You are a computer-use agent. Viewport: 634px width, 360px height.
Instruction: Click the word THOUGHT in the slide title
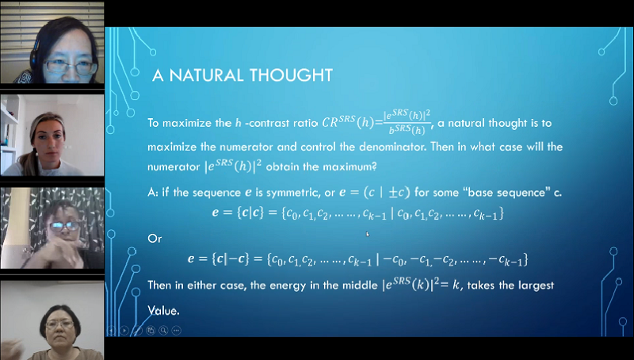[290, 75]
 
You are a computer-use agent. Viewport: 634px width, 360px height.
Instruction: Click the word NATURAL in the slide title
[205, 75]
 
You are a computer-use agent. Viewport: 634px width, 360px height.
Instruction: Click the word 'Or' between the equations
[155, 239]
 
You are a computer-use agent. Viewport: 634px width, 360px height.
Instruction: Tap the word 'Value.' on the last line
[163, 311]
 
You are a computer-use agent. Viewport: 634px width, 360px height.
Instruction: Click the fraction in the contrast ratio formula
[407, 122]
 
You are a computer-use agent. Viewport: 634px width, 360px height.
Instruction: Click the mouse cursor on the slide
[368, 234]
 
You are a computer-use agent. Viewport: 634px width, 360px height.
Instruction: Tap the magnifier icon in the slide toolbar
[163, 331]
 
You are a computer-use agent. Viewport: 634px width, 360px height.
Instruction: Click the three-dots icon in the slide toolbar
[176, 331]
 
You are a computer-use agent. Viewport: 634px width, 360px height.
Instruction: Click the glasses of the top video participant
[71, 66]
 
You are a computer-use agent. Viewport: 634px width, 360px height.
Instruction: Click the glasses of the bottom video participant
[59, 324]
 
